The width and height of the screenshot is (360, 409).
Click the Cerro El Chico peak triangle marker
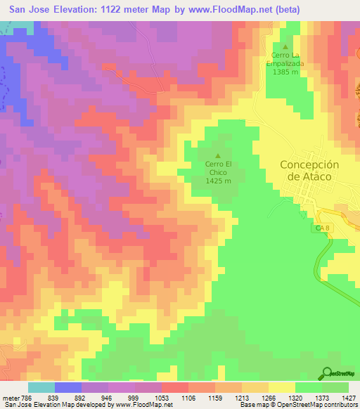click(x=218, y=156)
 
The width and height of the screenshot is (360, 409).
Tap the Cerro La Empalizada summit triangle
click(x=285, y=46)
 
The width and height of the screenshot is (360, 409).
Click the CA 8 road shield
click(x=320, y=229)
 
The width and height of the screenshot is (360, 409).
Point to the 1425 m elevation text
click(x=218, y=181)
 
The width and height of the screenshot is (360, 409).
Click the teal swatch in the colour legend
click(x=41, y=387)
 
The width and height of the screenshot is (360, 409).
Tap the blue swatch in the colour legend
click(x=67, y=387)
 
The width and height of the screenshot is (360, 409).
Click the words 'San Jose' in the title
click(x=31, y=10)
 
